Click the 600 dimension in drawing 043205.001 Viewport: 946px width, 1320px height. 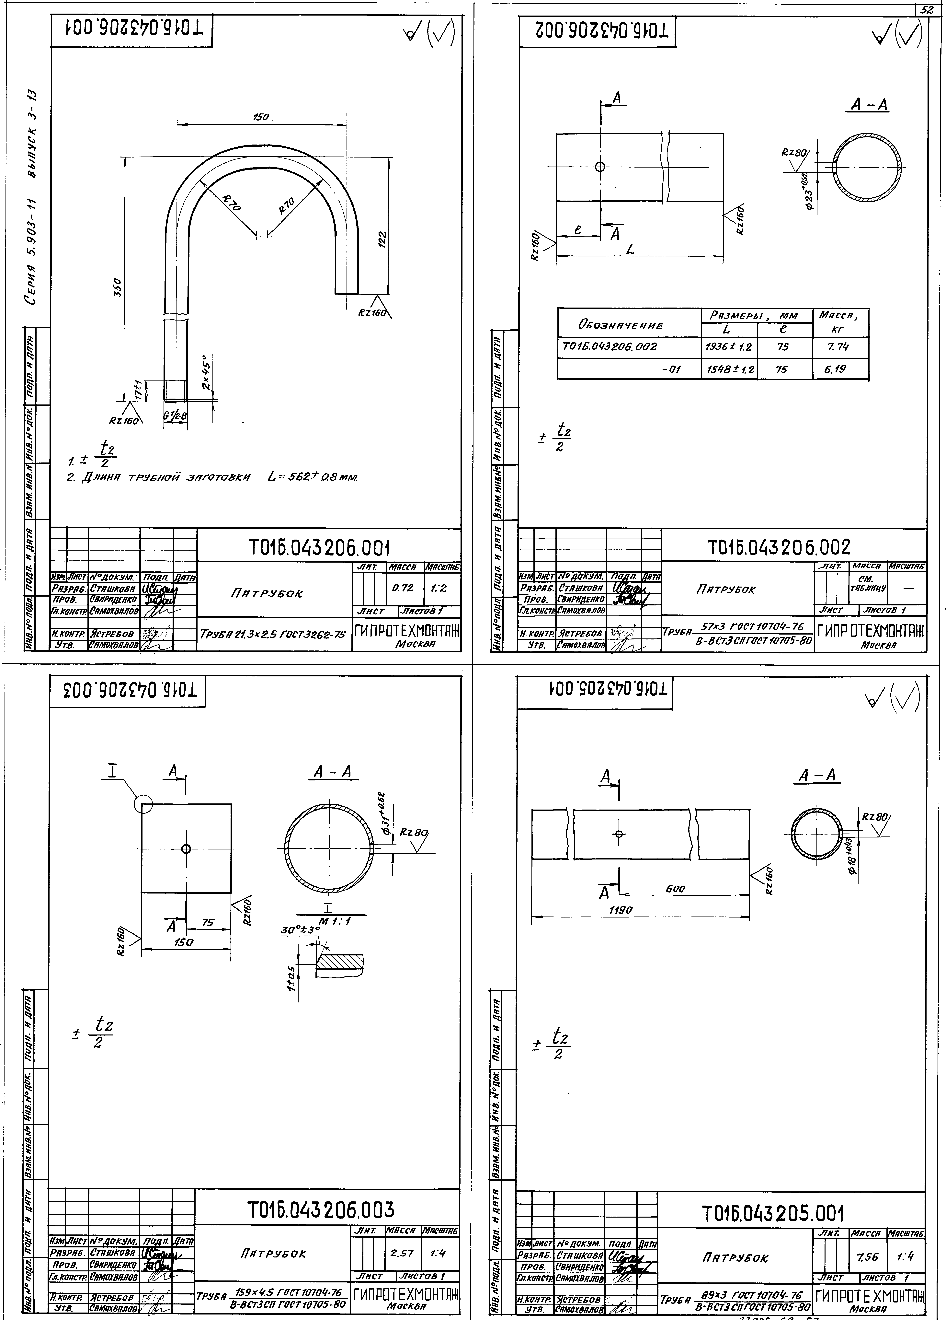coord(675,906)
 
